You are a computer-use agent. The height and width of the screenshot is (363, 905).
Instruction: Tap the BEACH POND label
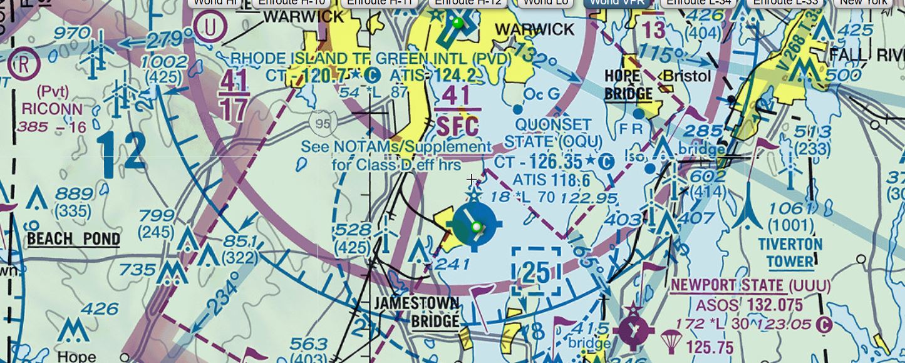(73, 238)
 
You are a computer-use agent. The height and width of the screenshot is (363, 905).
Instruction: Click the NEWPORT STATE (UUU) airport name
(750, 287)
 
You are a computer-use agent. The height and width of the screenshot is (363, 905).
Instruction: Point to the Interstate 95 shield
(323, 124)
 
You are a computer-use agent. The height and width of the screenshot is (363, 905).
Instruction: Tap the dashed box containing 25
(536, 271)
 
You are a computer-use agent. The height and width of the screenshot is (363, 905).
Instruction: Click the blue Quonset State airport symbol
(475, 225)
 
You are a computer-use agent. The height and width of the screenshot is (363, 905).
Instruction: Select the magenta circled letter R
(23, 64)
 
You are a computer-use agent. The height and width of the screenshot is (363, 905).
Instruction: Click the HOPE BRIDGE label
(628, 85)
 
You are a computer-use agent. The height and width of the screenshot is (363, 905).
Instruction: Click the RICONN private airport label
(51, 108)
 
